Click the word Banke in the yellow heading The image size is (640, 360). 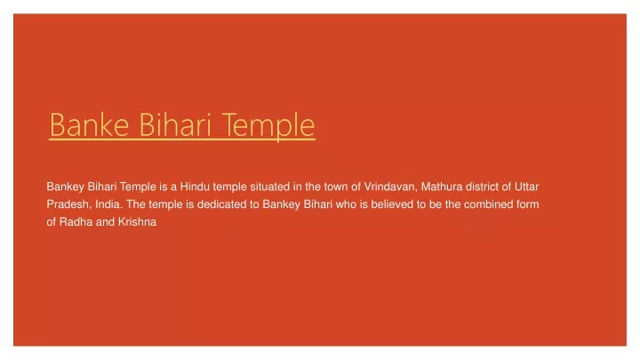[x=90, y=125]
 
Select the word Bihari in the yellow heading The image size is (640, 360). [x=175, y=124]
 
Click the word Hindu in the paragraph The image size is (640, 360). [x=195, y=187]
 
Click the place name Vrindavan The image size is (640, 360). [x=390, y=187]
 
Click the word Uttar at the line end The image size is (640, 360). [x=526, y=187]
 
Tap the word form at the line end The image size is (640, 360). [x=528, y=204]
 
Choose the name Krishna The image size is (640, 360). [x=137, y=221]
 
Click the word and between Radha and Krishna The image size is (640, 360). [x=105, y=221]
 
